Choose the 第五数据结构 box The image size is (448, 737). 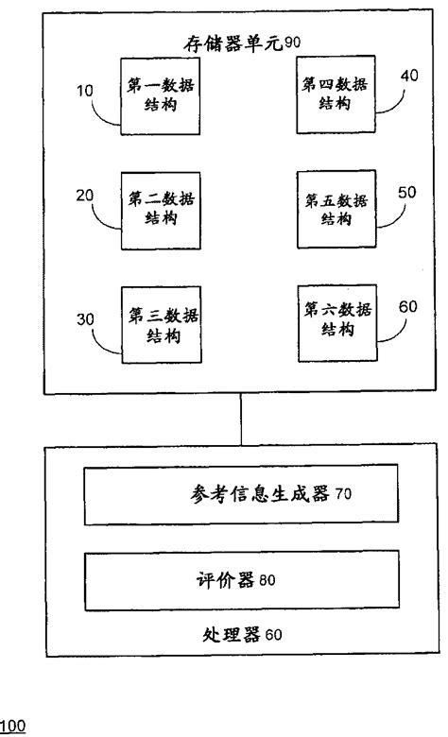pyautogui.click(x=337, y=209)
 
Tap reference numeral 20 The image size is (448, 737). pyautogui.click(x=85, y=194)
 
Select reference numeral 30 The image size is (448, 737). pyautogui.click(x=84, y=319)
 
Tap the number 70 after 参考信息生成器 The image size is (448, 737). pyautogui.click(x=343, y=494)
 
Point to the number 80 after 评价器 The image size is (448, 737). pyautogui.click(x=267, y=580)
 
